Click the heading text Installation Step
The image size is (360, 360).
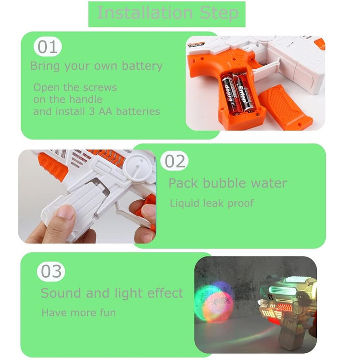pos(168,13)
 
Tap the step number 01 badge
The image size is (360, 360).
pos(48,47)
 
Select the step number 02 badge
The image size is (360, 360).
pos(174,161)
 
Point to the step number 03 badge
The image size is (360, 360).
pos(51,271)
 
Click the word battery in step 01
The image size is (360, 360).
pos(142,66)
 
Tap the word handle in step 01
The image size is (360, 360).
pos(85,99)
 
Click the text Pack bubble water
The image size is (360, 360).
pos(228,184)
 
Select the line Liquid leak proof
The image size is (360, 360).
pos(211,203)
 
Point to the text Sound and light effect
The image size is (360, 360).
pos(112,293)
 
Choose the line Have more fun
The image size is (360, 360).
pos(78,313)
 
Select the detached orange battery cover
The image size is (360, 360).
pos(285,108)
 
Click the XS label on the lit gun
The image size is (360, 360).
pos(271,297)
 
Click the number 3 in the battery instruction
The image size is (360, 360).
pos(92,112)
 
